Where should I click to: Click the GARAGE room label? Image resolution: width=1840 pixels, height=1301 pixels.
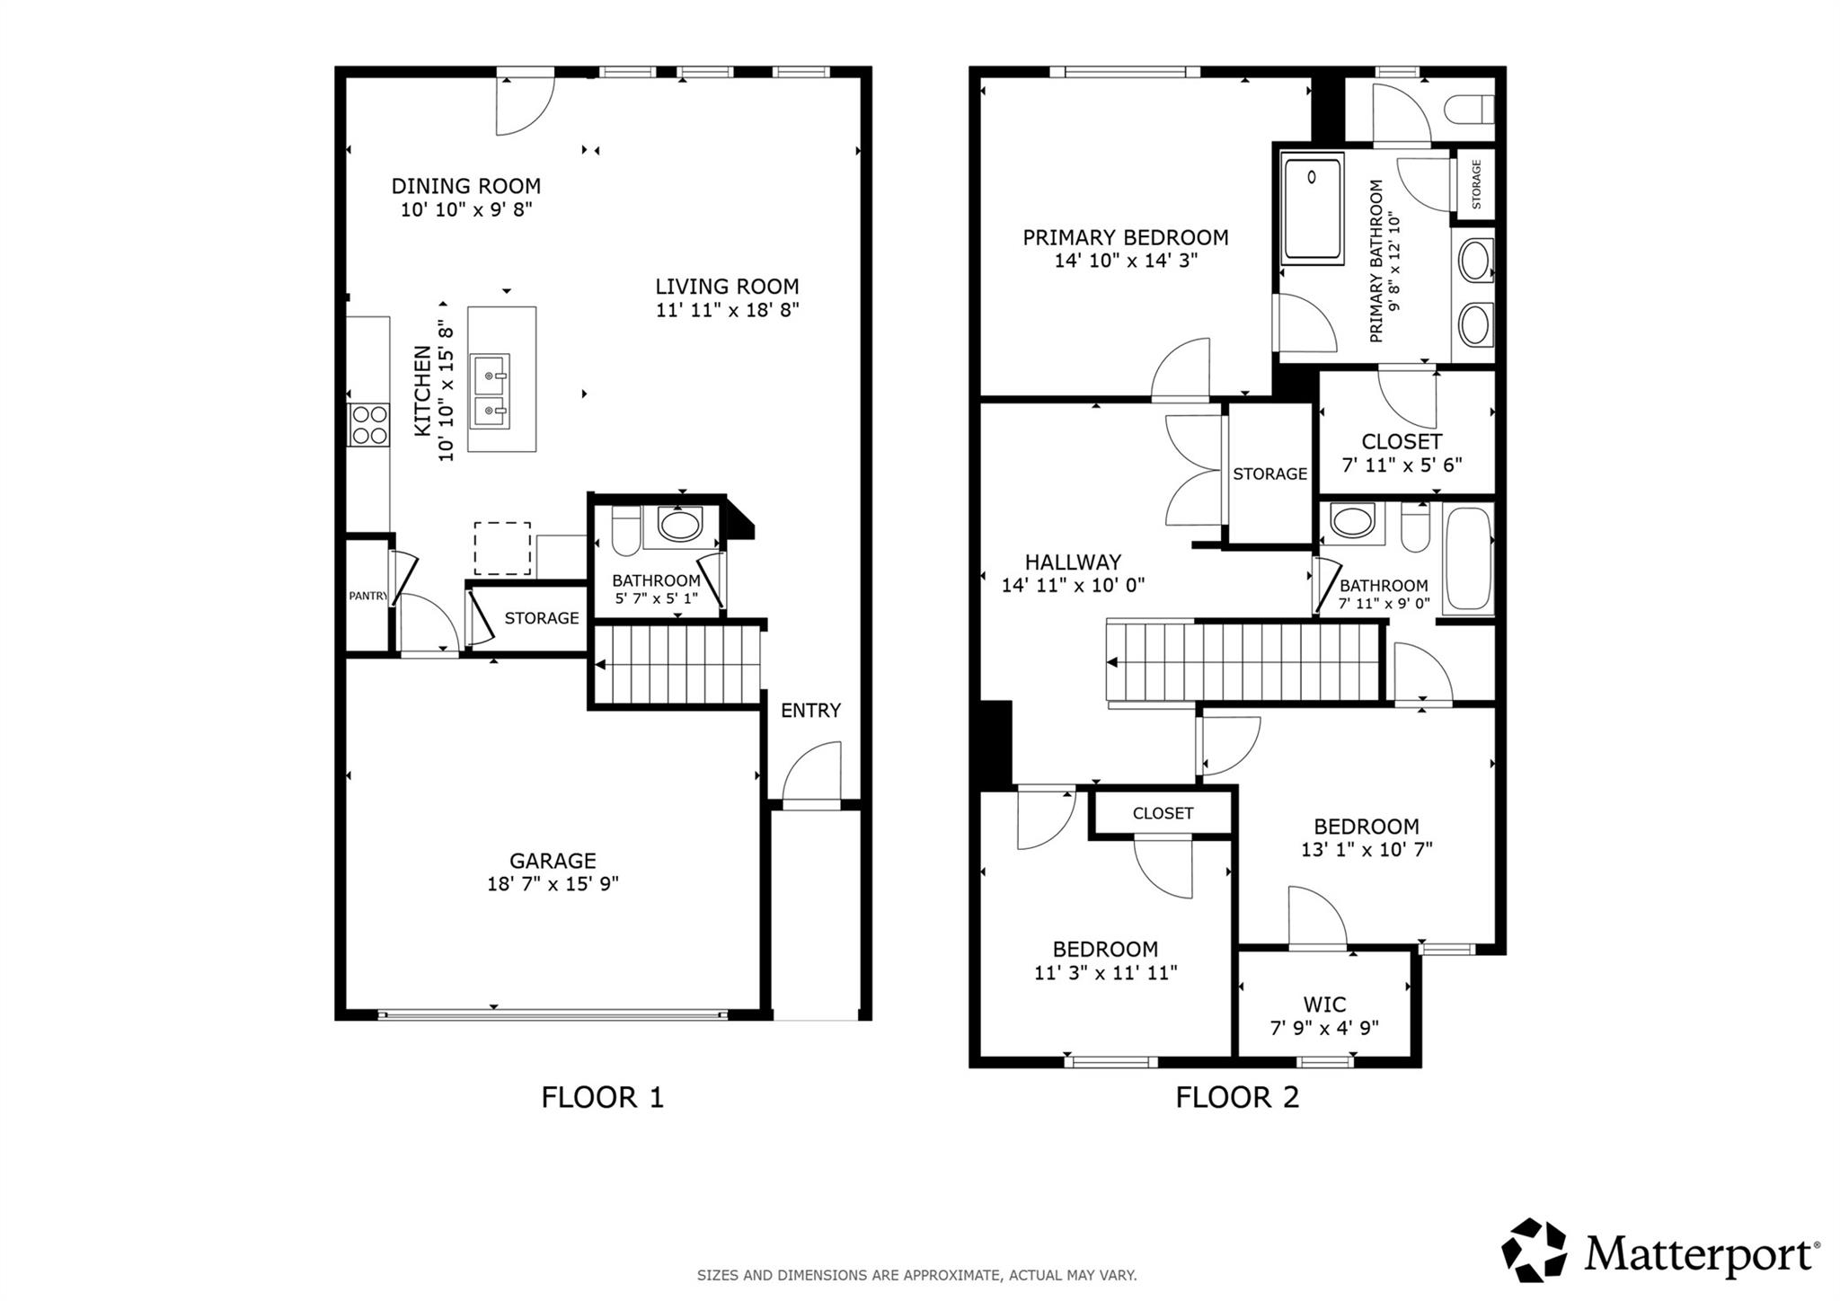tap(553, 861)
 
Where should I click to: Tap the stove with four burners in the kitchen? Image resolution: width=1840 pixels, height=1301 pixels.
tap(369, 425)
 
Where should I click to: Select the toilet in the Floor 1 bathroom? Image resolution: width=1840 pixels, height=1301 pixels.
tap(625, 531)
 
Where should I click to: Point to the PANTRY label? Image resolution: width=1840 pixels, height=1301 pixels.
tap(367, 596)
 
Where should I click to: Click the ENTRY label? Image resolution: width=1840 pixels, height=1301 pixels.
tap(810, 711)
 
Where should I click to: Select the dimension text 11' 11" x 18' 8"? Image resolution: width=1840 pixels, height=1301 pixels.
tap(727, 310)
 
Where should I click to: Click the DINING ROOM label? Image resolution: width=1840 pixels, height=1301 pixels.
tap(465, 186)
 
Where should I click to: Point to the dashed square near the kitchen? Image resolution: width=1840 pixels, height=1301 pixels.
tap(502, 548)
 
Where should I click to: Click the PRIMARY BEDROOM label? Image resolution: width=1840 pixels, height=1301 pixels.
tap(1125, 237)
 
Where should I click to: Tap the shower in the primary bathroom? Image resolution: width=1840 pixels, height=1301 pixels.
tap(1313, 208)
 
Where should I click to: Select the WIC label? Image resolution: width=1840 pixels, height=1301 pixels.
tap(1324, 1005)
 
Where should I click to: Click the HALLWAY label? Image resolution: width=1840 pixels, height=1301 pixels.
tap(1073, 562)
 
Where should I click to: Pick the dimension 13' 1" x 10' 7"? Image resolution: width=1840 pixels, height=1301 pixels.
tap(1366, 849)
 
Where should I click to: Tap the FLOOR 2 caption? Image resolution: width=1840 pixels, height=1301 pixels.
tap(1237, 1097)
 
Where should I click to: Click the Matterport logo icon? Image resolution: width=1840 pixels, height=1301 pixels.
tap(1535, 1249)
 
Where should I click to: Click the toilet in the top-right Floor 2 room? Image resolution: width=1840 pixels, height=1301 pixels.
tap(1470, 110)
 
